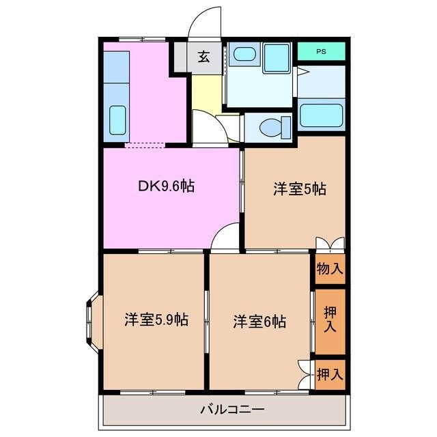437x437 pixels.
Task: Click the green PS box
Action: (321, 51)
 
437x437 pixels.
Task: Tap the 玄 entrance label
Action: (203, 57)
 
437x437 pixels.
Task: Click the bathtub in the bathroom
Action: (322, 115)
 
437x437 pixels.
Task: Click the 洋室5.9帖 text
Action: (156, 319)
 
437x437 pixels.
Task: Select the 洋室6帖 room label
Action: (259, 320)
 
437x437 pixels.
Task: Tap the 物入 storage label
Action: (330, 268)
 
